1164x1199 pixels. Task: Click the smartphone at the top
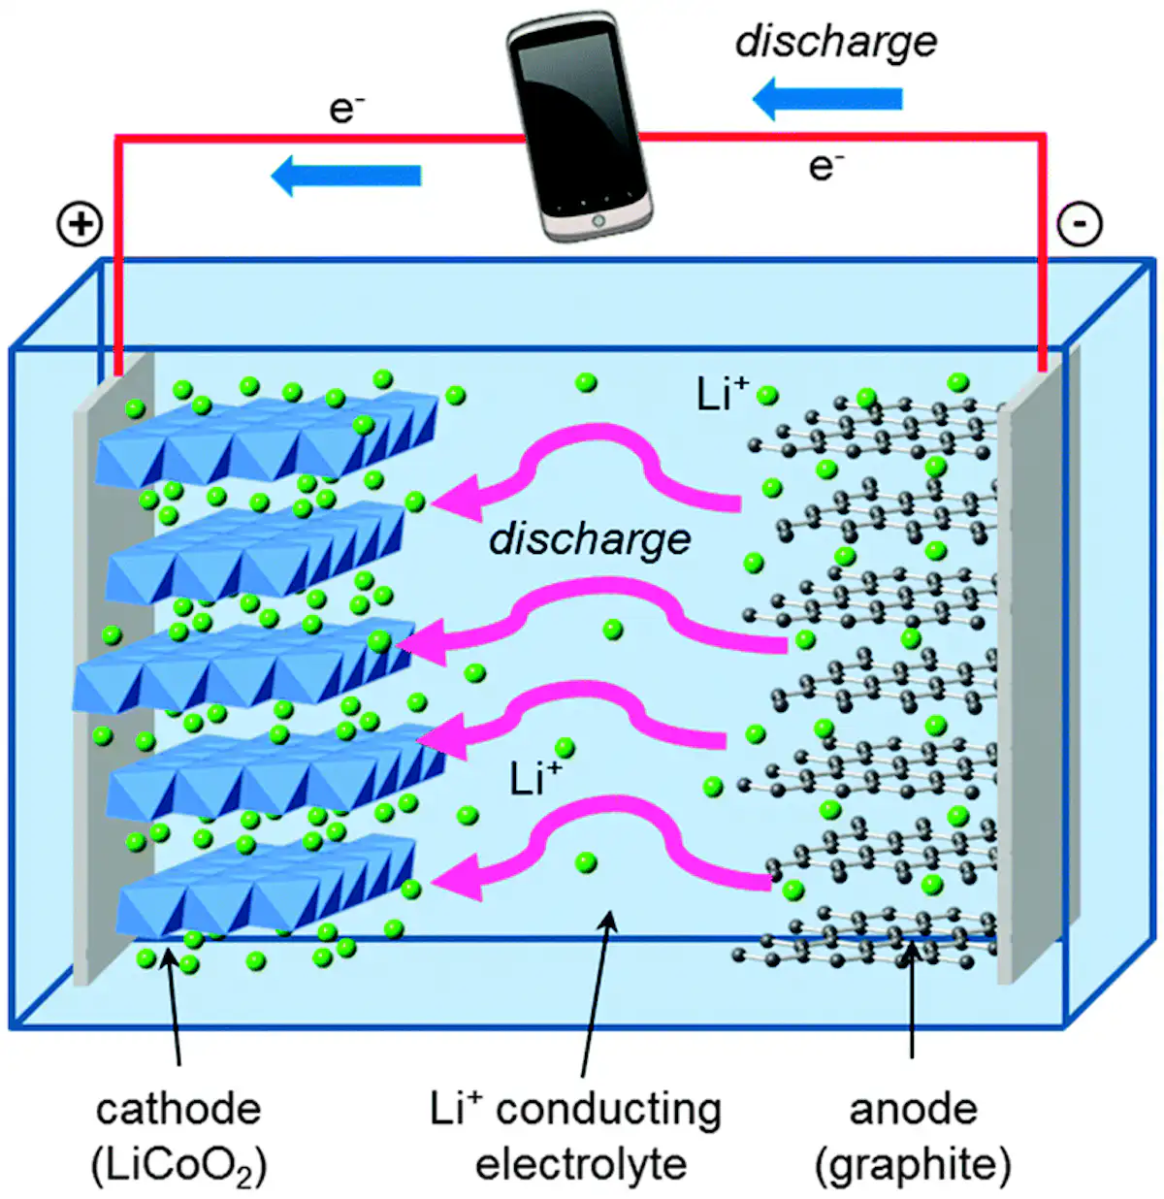[x=579, y=126]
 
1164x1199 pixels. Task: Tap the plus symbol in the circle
[x=80, y=225]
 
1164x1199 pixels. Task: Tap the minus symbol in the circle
[x=1079, y=224]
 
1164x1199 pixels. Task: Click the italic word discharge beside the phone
[x=836, y=42]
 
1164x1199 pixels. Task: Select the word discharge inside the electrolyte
[x=590, y=539]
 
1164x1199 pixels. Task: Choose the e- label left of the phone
[x=346, y=109]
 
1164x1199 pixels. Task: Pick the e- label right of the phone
[x=825, y=167]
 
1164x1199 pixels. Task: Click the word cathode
[x=178, y=1109]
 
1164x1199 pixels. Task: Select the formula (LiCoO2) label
[x=178, y=1164]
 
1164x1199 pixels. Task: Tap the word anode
[x=913, y=1109]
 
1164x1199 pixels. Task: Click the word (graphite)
[x=913, y=1164]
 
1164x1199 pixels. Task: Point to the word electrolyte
[x=580, y=1164]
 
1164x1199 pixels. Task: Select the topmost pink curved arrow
[x=582, y=466]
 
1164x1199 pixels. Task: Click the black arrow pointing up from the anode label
[x=912, y=999]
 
